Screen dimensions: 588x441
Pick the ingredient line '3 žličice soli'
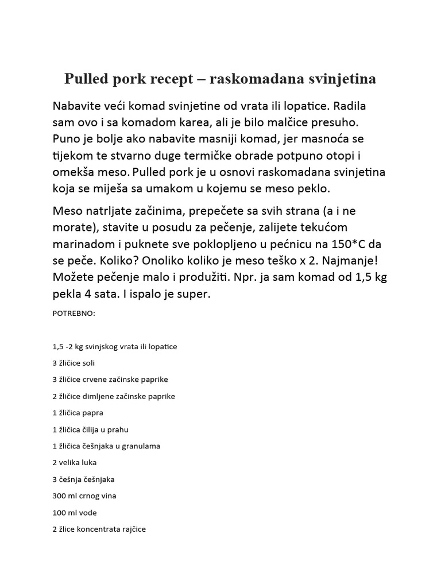tap(77, 363)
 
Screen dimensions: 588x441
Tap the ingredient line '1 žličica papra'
tap(78, 413)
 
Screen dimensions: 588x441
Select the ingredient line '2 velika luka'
tap(74, 462)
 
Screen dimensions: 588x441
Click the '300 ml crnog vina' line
tap(84, 496)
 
